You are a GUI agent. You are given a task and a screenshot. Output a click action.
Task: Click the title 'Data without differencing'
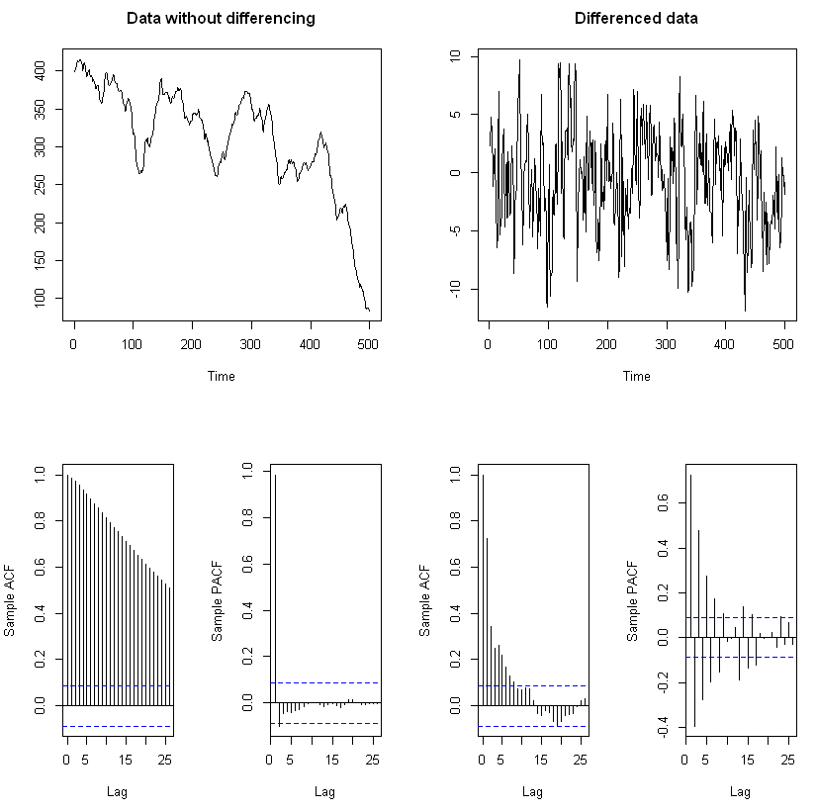[x=221, y=19]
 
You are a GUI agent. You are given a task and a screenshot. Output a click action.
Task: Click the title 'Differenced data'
[x=636, y=19]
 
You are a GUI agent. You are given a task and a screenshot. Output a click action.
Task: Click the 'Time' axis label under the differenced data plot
[x=636, y=376]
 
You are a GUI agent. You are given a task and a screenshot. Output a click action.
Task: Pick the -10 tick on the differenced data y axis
[x=456, y=289]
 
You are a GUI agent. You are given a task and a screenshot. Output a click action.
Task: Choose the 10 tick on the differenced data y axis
[x=456, y=56]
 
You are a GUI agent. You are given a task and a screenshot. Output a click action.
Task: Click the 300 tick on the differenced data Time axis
[x=667, y=343]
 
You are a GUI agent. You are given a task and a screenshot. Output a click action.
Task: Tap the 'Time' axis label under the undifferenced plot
[x=221, y=376]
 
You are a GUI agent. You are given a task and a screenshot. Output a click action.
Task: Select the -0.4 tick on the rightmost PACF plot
[x=664, y=730]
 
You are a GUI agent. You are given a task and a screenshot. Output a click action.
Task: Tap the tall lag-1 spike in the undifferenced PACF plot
[x=275, y=588]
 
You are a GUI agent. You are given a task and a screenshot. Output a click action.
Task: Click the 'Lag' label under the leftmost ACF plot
[x=117, y=791]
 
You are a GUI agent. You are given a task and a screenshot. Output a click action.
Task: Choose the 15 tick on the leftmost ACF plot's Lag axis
[x=126, y=759]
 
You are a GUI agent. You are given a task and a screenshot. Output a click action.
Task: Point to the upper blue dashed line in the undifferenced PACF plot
[x=324, y=682]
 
